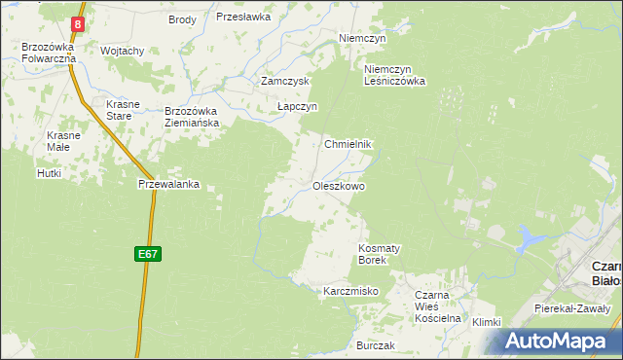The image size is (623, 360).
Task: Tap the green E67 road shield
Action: [147, 254]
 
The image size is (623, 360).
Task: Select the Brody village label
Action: [182, 19]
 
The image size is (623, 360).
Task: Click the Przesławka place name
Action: [242, 17]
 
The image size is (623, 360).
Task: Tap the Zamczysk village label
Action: [284, 82]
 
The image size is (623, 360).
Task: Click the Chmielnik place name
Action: [348, 143]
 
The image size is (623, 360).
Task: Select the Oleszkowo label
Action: [339, 185]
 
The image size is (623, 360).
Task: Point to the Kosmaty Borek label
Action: [380, 254]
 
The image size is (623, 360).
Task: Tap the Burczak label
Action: [375, 345]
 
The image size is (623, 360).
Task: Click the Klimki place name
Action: [485, 322]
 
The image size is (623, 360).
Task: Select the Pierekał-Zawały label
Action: [572, 307]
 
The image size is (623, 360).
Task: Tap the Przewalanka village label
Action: [169, 183]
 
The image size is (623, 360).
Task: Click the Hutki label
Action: [49, 173]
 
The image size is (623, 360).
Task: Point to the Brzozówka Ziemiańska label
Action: [193, 117]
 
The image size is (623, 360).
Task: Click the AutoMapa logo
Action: [557, 340]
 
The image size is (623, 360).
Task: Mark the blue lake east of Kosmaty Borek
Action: [531, 235]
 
